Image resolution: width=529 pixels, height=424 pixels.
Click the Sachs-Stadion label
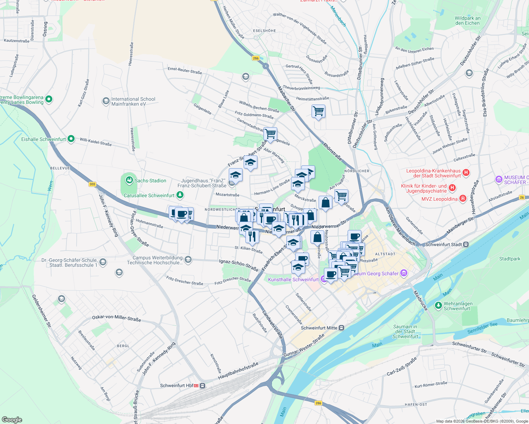pyautogui.click(x=150, y=181)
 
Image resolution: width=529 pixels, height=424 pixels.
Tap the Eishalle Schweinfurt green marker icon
pyautogui.click(x=71, y=139)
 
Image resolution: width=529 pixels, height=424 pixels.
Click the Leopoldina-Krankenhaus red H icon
pyautogui.click(x=466, y=173)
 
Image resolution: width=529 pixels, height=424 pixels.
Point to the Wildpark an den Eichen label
pyautogui.click(x=467, y=20)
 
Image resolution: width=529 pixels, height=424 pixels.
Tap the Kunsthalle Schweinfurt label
pyautogui.click(x=293, y=279)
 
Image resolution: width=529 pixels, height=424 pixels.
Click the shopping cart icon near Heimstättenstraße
pyautogui.click(x=318, y=111)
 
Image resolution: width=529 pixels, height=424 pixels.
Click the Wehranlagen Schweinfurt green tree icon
pyautogui.click(x=438, y=305)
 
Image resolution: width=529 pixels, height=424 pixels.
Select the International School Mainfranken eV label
pyautogui.click(x=133, y=101)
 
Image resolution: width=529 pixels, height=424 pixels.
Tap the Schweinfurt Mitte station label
pyautogui.click(x=319, y=328)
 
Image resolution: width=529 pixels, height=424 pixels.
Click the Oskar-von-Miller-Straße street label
pyautogui.click(x=116, y=318)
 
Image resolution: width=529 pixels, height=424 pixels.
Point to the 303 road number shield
pyautogui.click(x=92, y=184)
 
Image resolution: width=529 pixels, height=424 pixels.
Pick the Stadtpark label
pyautogui.click(x=510, y=259)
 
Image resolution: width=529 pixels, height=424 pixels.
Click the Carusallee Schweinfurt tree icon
pyautogui.click(x=180, y=195)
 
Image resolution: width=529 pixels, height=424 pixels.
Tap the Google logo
pyautogui.click(x=12, y=420)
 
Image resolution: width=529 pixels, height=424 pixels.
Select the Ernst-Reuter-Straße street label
pyautogui.click(x=185, y=70)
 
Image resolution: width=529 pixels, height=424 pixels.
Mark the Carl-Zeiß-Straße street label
pyautogui.click(x=401, y=367)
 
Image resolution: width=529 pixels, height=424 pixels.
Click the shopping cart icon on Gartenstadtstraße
pyautogui.click(x=270, y=134)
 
